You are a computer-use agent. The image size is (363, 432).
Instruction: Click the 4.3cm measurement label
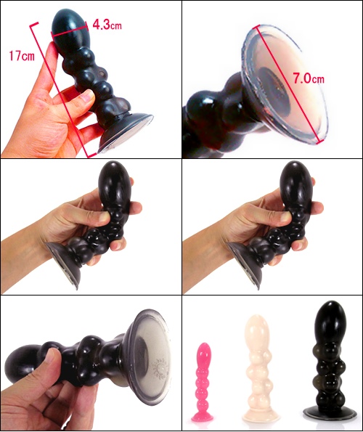click(x=107, y=25)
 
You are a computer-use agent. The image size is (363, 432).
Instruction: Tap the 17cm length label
click(x=22, y=56)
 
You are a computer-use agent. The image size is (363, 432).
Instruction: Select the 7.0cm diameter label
click(x=309, y=78)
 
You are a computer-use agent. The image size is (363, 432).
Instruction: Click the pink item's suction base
click(x=203, y=417)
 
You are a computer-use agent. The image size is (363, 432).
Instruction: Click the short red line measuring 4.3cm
click(x=70, y=30)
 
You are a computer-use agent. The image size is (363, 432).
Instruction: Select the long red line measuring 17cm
click(x=62, y=90)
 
